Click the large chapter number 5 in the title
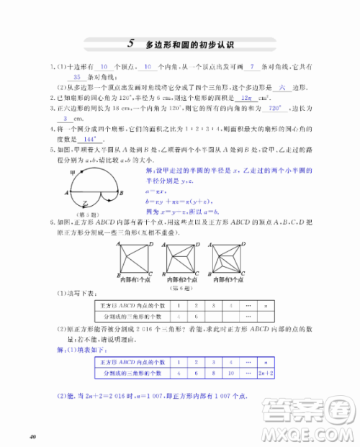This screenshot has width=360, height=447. pyautogui.click(x=130, y=43)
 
